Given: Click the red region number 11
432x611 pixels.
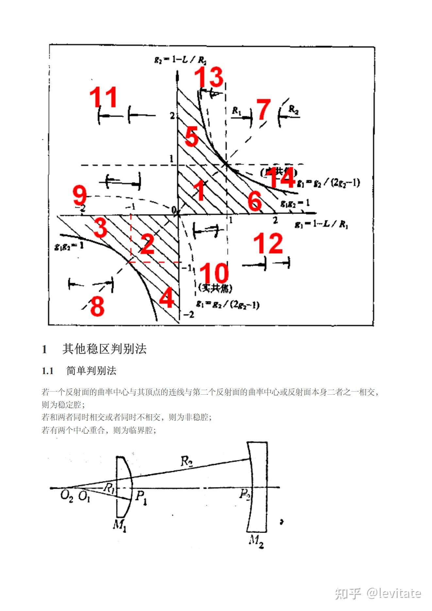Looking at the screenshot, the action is point(103,97).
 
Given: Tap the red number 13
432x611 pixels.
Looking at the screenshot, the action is point(209,77).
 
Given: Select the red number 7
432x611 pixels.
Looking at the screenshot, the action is point(264,110).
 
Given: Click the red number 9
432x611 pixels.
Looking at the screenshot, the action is point(79,195).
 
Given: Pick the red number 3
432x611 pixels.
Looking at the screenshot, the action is point(100,228).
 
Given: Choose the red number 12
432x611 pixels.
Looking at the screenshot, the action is point(268,243).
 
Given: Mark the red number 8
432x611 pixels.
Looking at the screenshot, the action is point(97,306).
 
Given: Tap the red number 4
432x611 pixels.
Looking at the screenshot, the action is point(167,298).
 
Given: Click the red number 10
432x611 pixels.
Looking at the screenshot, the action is point(214,273).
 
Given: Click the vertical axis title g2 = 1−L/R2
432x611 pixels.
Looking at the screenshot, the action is point(180,60).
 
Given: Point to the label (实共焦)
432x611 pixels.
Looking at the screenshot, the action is point(215,288).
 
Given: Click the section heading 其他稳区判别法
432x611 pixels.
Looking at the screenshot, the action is point(104,349).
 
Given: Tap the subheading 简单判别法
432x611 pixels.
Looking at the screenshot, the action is point(91,371).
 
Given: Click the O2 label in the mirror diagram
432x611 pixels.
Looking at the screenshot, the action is point(66,496).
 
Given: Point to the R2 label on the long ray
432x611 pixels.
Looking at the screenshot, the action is point(187,462).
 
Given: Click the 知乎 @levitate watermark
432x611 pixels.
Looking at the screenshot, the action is point(378,593).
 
